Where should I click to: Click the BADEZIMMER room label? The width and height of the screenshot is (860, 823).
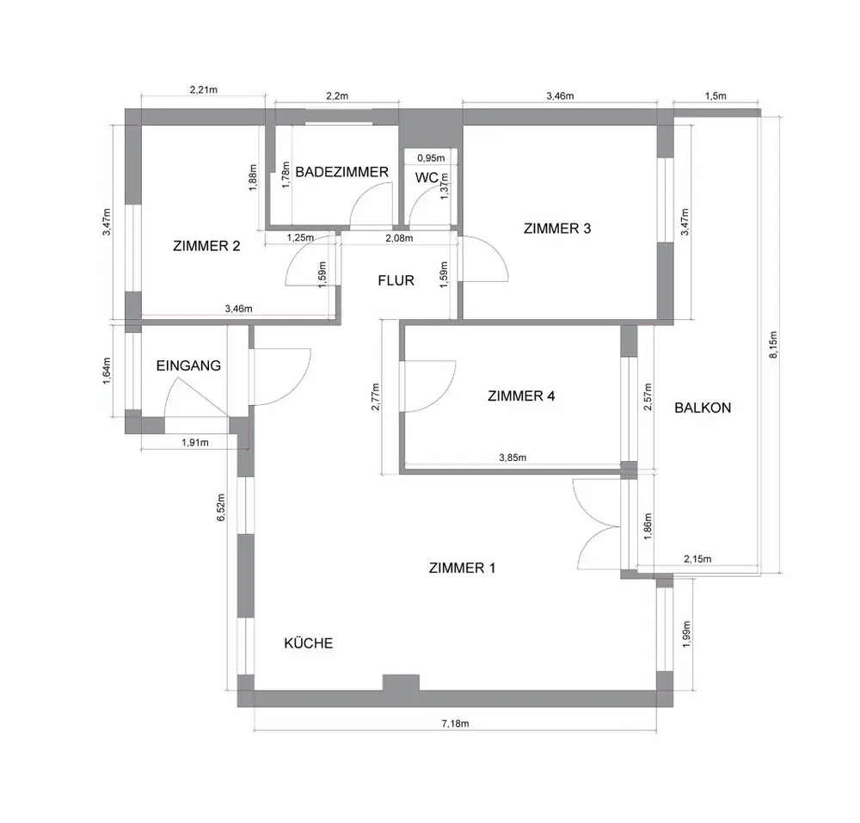341,172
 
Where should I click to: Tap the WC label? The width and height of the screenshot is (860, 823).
427,178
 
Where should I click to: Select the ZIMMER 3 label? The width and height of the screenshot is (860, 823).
557,229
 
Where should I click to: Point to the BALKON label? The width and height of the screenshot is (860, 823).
703,408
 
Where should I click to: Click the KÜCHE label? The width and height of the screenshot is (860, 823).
308,643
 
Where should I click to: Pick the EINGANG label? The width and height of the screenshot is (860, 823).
188,365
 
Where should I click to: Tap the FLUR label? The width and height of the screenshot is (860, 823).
396,280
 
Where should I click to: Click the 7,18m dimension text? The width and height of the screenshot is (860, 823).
455,723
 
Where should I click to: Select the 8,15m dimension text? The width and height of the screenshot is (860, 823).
773,344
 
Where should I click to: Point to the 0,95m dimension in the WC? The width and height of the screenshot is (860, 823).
431,158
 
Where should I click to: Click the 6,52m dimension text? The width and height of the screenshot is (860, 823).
222,507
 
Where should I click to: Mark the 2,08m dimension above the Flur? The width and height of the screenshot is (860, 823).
399,238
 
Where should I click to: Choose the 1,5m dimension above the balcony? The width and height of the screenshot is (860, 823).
716,96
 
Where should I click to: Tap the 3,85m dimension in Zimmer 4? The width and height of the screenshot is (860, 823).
513,458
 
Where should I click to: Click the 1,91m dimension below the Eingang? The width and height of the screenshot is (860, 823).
195,443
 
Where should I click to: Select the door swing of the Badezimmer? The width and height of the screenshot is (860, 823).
371,204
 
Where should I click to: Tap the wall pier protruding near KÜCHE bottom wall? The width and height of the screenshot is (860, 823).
401,683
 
